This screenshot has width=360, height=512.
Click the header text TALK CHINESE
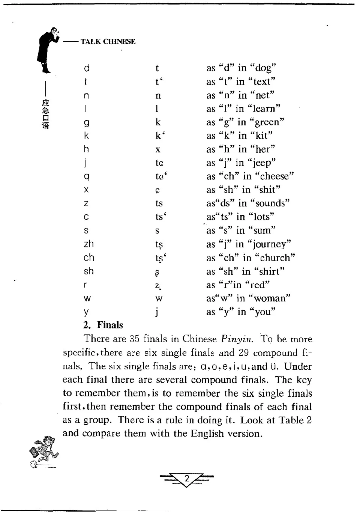[108, 42]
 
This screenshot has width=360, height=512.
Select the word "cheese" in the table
[276, 176]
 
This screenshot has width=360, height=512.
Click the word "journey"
[272, 244]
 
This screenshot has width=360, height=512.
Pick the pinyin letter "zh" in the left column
[89, 244]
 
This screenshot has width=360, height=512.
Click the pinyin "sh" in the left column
[88, 271]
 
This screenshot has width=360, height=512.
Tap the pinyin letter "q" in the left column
[87, 176]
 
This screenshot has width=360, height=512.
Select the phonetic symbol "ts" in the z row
[159, 203]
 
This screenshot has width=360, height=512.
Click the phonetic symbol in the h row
[158, 150]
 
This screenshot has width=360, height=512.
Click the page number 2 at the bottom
[186, 479]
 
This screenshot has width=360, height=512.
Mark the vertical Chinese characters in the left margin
[46, 114]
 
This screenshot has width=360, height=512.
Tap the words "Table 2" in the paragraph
[295, 420]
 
